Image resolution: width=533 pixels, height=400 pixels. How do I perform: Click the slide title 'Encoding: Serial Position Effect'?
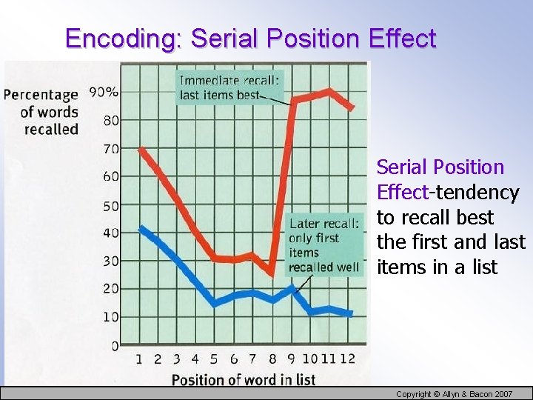coord(250,38)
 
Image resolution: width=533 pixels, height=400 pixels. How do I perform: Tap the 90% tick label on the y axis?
coord(104,93)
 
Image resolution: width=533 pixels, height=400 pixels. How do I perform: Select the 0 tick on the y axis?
coord(115,345)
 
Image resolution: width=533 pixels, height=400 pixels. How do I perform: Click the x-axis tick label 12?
coord(346,359)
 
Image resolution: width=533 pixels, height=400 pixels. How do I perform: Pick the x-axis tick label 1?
coord(139,359)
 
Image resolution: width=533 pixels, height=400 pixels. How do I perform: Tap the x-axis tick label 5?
coord(214,359)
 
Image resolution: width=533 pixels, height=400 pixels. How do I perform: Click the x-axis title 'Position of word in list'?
coord(244,379)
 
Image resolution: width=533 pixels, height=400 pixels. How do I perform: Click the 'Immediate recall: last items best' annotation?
coord(229,87)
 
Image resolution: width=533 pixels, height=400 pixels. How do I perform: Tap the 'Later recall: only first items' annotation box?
coord(324,245)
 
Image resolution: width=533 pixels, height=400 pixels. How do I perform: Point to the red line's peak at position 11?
coord(329,91)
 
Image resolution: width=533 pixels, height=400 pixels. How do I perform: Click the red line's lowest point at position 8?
coord(271,274)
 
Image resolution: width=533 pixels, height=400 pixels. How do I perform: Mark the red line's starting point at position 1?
coord(141,149)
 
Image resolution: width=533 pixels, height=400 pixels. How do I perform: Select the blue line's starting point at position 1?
coord(141,228)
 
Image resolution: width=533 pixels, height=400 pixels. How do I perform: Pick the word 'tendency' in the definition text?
coord(477,193)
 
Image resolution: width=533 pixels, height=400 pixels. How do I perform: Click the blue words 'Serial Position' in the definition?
coord(440,167)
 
